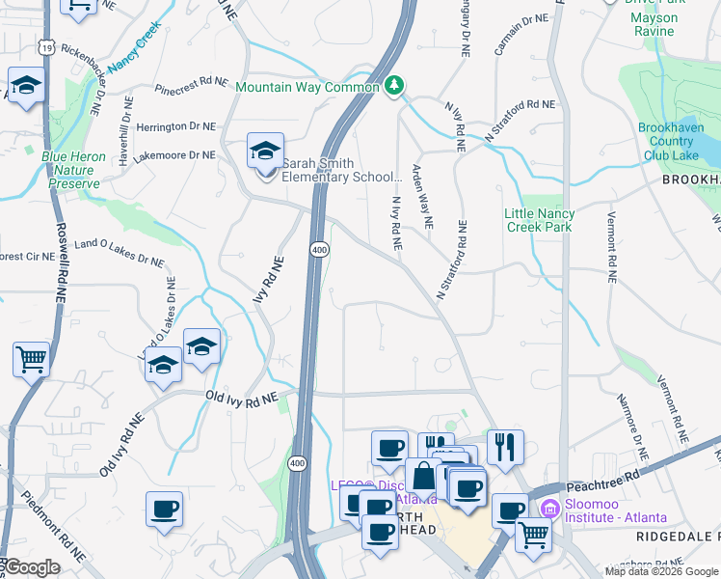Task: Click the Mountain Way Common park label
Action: point(307,87)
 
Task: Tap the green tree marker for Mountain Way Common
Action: point(393,87)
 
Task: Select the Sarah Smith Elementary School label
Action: point(340,170)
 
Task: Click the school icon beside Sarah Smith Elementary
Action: point(265,152)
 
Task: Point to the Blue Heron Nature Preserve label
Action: point(70,169)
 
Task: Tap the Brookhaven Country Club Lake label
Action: point(680,142)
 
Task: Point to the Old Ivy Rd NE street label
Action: point(241,397)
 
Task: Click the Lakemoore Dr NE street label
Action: point(175,154)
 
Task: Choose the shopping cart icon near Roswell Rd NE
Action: point(31,360)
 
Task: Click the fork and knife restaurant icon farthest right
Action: point(505,446)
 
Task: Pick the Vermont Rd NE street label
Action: point(610,249)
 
